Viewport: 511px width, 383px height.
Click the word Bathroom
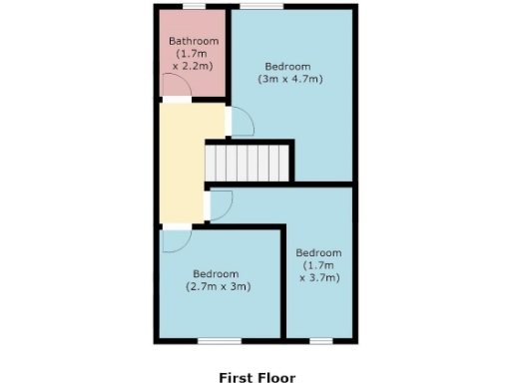pos(192,41)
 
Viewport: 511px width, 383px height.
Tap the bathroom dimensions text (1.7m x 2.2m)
pos(192,59)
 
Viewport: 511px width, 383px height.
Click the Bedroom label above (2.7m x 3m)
pos(216,274)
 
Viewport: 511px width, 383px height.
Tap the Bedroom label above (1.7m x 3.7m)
pos(319,252)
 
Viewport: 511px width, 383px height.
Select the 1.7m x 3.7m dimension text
pos(319,271)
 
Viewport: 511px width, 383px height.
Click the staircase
pos(249,162)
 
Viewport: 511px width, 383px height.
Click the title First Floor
pos(257,378)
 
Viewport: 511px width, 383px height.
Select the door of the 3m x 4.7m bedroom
pos(241,123)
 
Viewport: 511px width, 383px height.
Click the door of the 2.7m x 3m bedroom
pos(176,240)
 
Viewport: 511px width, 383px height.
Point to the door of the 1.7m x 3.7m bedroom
pos(220,205)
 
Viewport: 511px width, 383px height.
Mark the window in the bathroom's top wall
pos(193,6)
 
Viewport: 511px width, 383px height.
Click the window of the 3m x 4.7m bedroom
pos(264,6)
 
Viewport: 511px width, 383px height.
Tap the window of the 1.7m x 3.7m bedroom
pos(320,342)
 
